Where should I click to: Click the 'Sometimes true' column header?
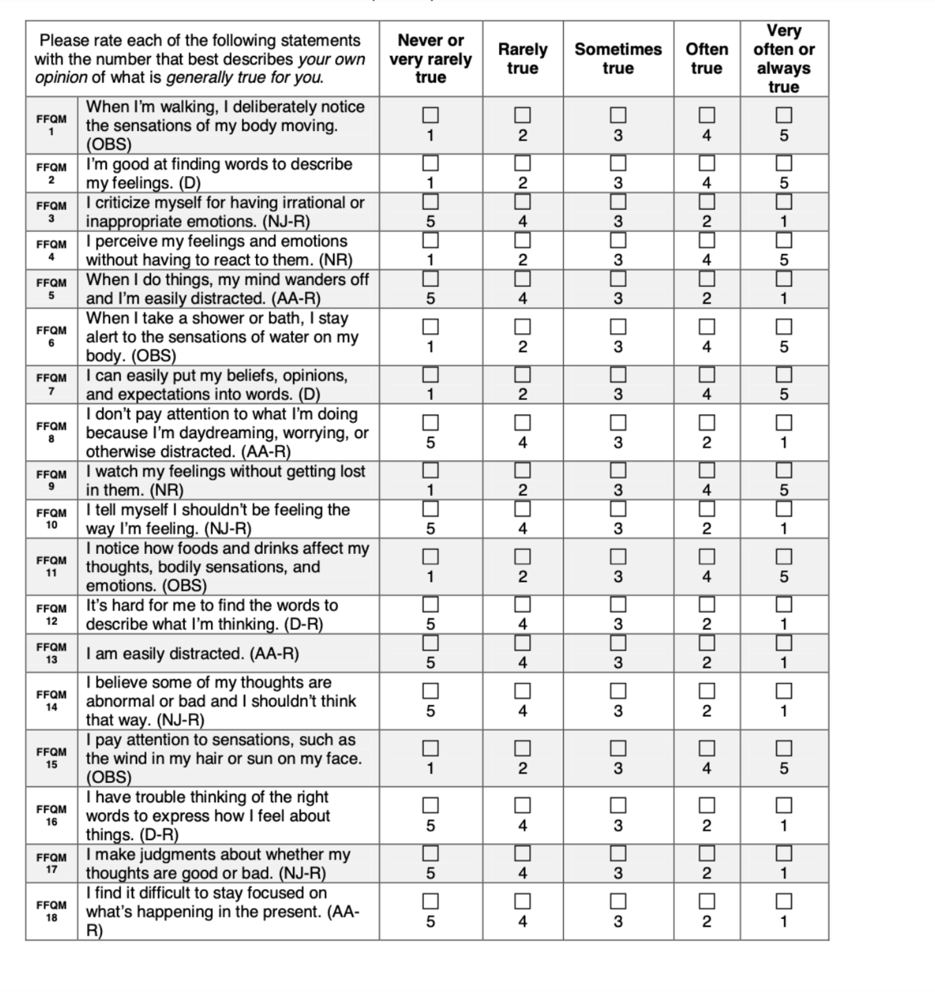(618, 59)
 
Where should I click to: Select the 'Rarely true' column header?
(523, 59)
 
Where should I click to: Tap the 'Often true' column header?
(706, 59)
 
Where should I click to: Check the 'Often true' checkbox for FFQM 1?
(707, 115)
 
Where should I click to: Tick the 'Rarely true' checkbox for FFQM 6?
(523, 326)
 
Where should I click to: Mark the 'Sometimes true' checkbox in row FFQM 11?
(618, 556)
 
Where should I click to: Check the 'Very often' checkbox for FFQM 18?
(783, 901)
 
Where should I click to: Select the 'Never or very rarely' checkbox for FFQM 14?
(430, 691)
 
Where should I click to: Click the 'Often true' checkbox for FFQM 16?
(707, 805)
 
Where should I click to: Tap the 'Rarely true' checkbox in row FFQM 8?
(523, 421)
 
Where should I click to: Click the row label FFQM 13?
(52, 653)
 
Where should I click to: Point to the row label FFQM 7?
(52, 384)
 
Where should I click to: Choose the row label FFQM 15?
(52, 758)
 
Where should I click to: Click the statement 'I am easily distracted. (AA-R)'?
(192, 653)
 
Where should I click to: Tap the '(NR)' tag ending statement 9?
(168, 490)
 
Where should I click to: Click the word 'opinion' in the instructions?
(61, 77)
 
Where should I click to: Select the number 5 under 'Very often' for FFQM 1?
(783, 135)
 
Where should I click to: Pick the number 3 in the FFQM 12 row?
(618, 624)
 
